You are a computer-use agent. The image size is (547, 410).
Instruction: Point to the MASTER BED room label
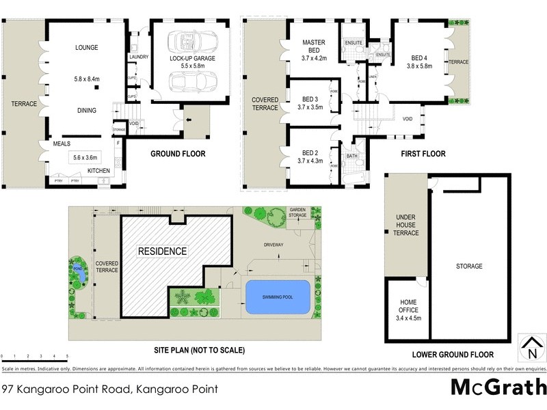click(313, 47)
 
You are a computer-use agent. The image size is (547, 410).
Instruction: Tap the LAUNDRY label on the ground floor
click(139, 57)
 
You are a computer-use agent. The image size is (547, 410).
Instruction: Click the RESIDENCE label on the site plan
click(163, 251)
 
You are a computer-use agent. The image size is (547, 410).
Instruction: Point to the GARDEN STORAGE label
click(297, 213)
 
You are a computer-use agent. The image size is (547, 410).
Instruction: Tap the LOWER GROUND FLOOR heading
click(453, 355)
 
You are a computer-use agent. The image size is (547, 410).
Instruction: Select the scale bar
click(34, 361)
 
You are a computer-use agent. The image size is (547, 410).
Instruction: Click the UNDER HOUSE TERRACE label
click(405, 225)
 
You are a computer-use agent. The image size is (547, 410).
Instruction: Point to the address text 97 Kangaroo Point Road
click(109, 390)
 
